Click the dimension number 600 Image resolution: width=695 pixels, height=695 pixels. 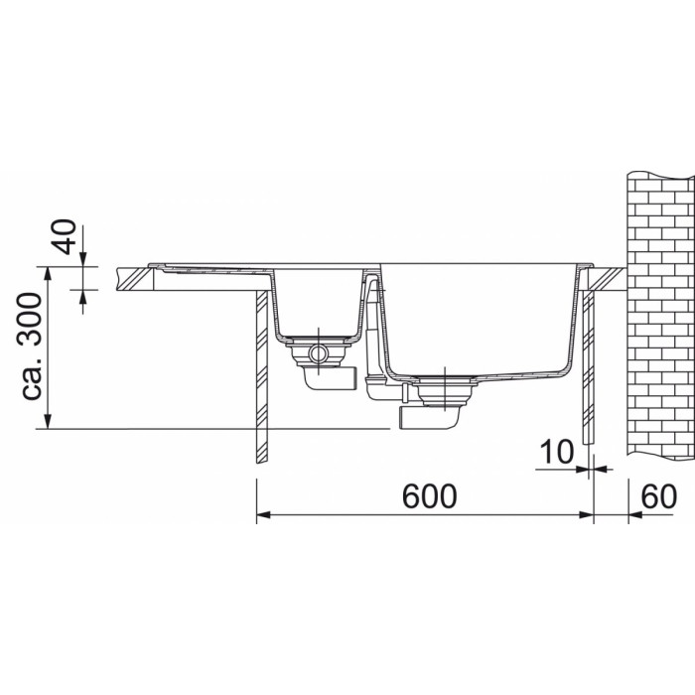pos(429,496)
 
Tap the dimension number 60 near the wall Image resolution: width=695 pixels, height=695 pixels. pos(659,496)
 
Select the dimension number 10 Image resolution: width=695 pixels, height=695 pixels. pos(556,452)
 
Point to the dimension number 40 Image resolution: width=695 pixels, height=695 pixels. pos(65,236)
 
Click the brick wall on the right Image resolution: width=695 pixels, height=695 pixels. pos(660,315)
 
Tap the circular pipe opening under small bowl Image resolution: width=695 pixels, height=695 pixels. pos(318,353)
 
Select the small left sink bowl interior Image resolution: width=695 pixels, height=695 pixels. pos(318,302)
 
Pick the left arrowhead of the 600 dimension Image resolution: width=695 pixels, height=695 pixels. pos(264,514)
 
